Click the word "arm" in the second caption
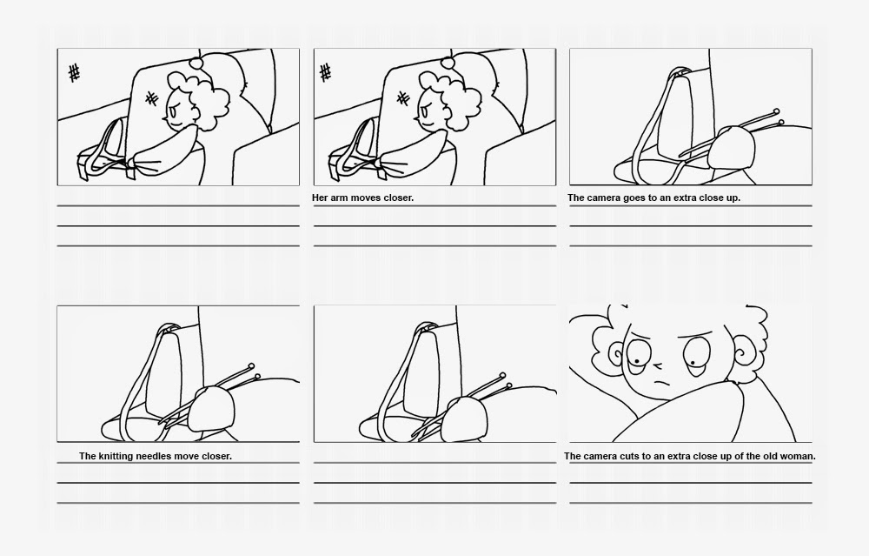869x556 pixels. (341, 198)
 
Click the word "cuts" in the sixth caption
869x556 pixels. (630, 456)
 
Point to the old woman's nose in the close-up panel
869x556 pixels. (658, 365)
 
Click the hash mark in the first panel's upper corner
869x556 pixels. (74, 73)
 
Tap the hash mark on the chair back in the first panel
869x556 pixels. (151, 99)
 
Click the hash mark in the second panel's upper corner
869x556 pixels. (326, 72)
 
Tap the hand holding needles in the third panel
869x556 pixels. (732, 147)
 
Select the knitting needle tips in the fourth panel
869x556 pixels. (255, 372)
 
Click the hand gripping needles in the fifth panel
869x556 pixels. (468, 418)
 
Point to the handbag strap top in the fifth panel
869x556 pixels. (425, 326)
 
